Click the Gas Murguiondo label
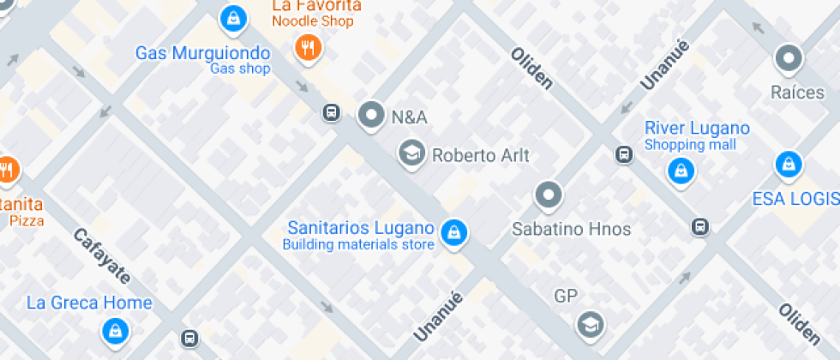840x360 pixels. (x=202, y=53)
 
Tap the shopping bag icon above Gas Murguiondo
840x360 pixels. (x=231, y=16)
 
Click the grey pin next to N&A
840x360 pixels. (x=371, y=114)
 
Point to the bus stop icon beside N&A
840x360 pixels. (x=331, y=113)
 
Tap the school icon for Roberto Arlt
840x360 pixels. (x=411, y=154)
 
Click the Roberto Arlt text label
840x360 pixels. (x=481, y=156)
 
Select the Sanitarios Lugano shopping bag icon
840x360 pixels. (x=453, y=231)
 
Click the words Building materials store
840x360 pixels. (x=358, y=245)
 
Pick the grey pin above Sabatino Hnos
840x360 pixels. (x=549, y=195)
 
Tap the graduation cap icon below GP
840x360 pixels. (x=590, y=325)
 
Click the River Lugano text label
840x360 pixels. (x=697, y=129)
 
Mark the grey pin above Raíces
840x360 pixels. (x=789, y=59)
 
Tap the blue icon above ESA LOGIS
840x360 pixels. (x=788, y=164)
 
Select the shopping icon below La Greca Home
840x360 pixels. (x=113, y=330)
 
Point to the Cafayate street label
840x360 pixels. (x=101, y=256)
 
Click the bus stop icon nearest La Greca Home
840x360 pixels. (x=189, y=339)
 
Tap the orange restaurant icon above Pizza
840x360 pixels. (x=7, y=170)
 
